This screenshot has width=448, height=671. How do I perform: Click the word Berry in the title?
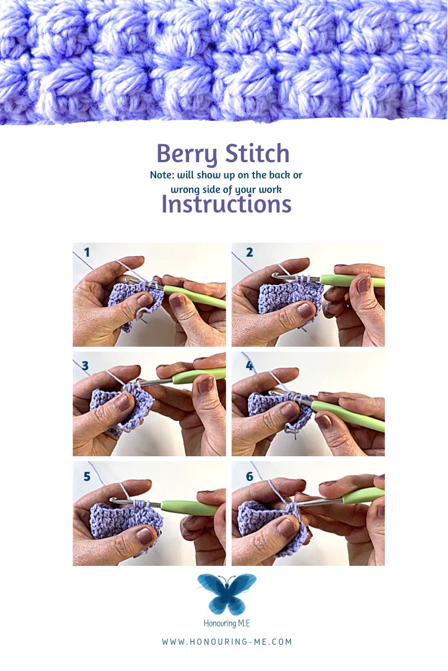point(187,154)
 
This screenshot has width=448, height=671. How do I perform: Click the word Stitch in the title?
point(257,153)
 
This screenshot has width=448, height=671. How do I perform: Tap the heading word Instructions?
point(227,205)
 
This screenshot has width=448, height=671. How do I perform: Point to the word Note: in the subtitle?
point(162,175)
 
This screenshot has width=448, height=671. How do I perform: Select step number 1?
point(87,252)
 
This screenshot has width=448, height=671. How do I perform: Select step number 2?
point(249,252)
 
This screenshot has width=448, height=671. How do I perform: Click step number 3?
point(86,366)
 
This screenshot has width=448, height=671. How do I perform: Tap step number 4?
point(249,366)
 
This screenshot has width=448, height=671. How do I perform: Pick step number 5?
point(87,476)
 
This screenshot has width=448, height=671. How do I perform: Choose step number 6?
point(249,476)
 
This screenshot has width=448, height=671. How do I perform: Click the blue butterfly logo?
point(227,594)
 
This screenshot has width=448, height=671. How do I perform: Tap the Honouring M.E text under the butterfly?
point(227,623)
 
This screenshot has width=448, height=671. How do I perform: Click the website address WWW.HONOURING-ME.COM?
point(227,642)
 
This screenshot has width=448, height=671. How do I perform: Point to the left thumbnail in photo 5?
point(144,536)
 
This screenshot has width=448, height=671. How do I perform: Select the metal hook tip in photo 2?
point(274,275)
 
